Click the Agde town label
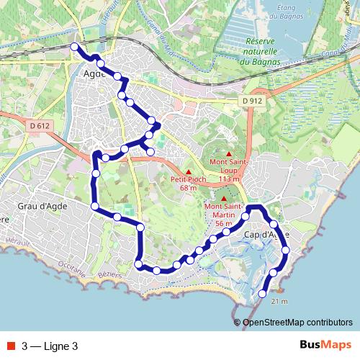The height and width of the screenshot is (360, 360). [95, 73]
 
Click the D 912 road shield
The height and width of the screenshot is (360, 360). [251, 102]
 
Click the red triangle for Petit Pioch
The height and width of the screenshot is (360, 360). [189, 171]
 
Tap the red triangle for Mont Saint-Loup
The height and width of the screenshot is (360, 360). [229, 154]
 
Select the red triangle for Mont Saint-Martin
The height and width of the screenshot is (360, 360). [224, 199]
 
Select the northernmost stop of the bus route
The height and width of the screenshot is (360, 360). [74, 47]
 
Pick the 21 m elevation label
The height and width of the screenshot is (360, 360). [279, 301]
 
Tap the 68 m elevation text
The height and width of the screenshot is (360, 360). [189, 188]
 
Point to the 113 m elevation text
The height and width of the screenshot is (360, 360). [228, 179]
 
